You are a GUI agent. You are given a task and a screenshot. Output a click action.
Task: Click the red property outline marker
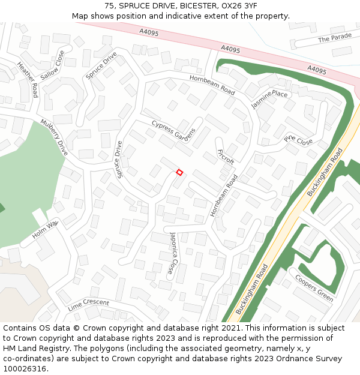(x=179, y=173)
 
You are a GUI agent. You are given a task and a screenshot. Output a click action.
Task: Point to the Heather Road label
(x=28, y=80)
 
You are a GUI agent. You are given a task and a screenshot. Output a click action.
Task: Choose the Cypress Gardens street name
(x=173, y=131)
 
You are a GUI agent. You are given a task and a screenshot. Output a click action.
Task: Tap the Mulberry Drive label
(x=55, y=137)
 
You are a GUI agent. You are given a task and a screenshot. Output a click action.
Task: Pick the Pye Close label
(x=298, y=140)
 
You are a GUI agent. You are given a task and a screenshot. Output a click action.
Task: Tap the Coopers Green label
(x=314, y=288)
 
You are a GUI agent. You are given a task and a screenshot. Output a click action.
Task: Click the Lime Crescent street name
(x=88, y=304)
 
